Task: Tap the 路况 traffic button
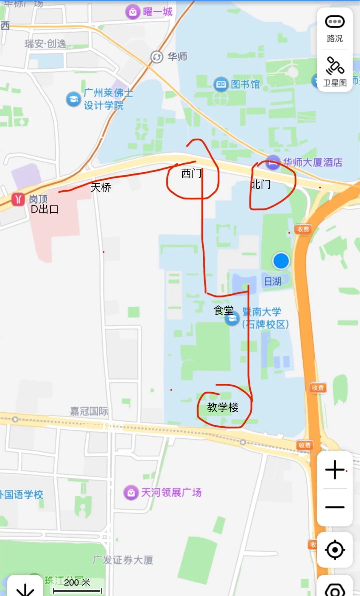[x=335, y=29]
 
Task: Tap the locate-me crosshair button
[x=335, y=550]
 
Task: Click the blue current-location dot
[x=281, y=261]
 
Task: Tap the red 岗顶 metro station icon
[x=18, y=199]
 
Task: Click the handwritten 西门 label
[x=191, y=173]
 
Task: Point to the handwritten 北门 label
[x=261, y=184]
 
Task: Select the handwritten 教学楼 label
[x=223, y=407]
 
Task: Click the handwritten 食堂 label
[x=223, y=311]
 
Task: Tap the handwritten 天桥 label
[x=101, y=187]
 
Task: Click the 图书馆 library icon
[x=221, y=84]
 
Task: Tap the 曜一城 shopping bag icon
[x=133, y=12]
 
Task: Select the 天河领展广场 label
[x=171, y=492]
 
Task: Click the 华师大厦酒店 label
[x=313, y=162]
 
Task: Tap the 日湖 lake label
[x=273, y=281]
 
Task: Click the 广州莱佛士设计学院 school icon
[x=73, y=99]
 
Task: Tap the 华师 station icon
[x=156, y=57]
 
